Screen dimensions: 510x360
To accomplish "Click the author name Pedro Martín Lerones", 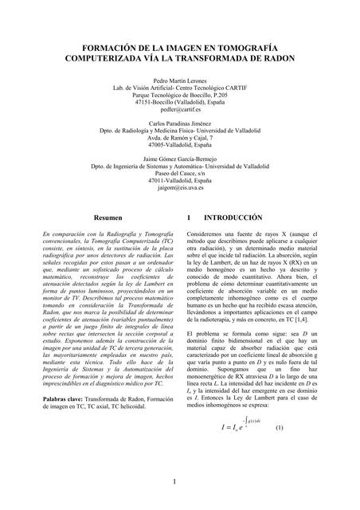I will pos(180,81).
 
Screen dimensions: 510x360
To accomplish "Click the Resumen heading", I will pos(108,217).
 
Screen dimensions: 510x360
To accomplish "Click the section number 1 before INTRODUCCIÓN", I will pos(188,217).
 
